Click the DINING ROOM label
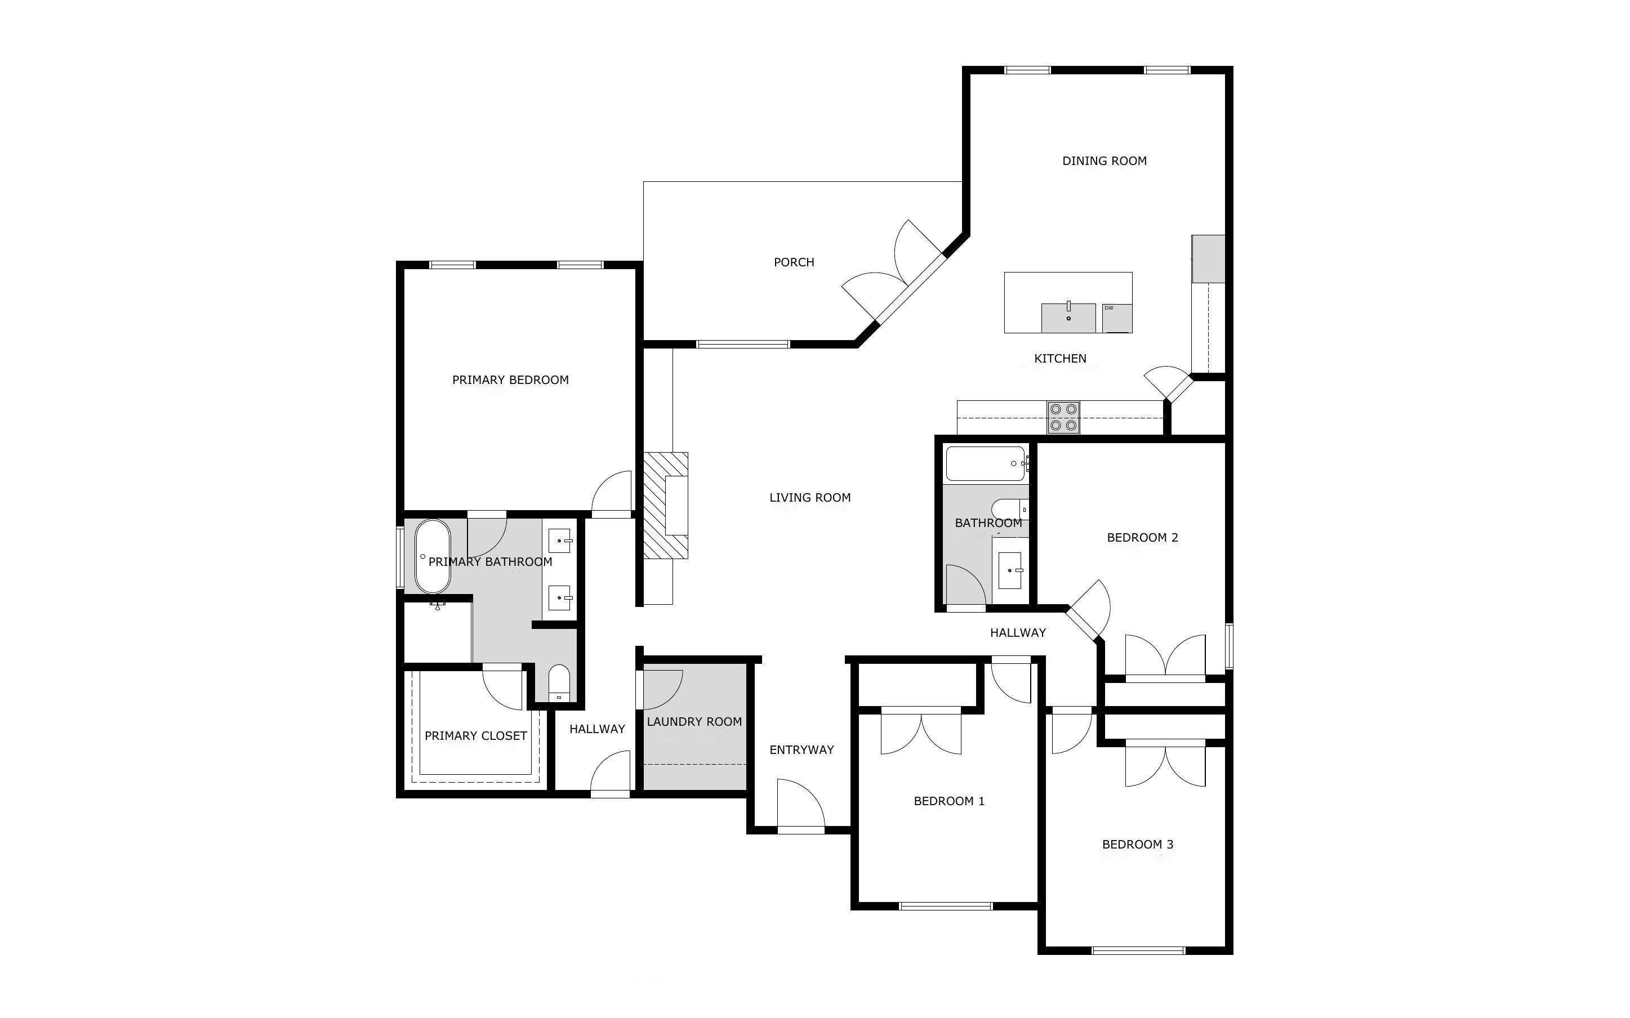pyautogui.click(x=1104, y=161)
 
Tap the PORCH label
pyautogui.click(x=794, y=262)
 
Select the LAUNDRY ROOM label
pyautogui.click(x=694, y=722)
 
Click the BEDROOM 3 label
pyautogui.click(x=1137, y=844)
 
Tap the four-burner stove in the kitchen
pyautogui.click(x=1063, y=417)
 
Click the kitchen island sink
pyautogui.click(x=1068, y=318)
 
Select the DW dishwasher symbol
pyautogui.click(x=1117, y=318)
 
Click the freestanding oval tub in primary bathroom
pyautogui.click(x=432, y=556)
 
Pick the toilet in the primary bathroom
pyautogui.click(x=559, y=683)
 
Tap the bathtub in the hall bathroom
pyautogui.click(x=986, y=463)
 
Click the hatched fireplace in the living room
pyautogui.click(x=666, y=505)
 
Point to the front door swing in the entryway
pyautogui.click(x=800, y=804)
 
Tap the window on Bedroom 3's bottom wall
pyautogui.click(x=1138, y=950)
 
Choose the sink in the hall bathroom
pyautogui.click(x=1009, y=570)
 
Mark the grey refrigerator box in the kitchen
pyautogui.click(x=1208, y=258)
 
